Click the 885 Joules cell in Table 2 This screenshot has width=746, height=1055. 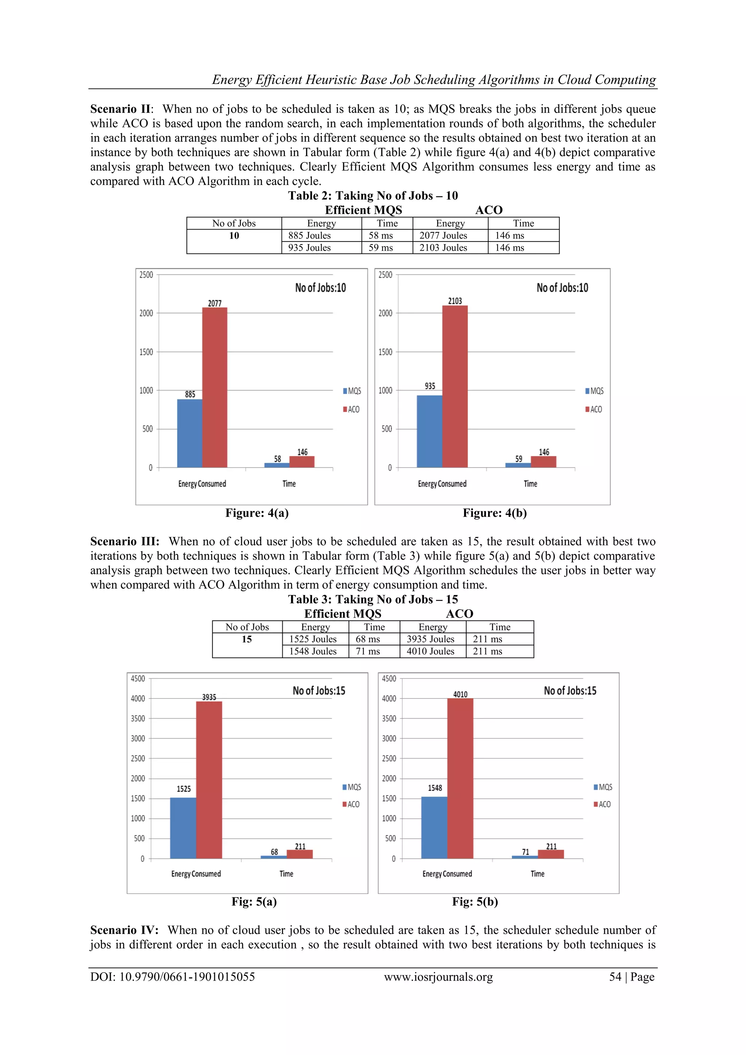(309, 236)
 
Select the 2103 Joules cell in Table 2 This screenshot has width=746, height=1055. (443, 248)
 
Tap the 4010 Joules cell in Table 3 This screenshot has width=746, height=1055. (430, 651)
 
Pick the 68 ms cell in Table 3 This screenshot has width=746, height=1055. (368, 639)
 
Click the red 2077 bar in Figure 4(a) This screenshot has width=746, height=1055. (215, 388)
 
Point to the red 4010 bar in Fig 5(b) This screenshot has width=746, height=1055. (460, 779)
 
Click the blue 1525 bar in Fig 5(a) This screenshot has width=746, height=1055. (183, 828)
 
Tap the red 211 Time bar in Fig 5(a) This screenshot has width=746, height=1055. (300, 854)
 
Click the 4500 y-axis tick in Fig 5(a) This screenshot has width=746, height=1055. (138, 679)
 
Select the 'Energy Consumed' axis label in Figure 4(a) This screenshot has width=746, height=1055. (202, 484)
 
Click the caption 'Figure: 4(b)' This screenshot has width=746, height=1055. (495, 513)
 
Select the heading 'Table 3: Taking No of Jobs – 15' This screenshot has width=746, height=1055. (373, 600)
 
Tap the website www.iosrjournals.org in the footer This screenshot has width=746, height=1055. (438, 977)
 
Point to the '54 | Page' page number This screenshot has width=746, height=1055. (632, 977)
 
